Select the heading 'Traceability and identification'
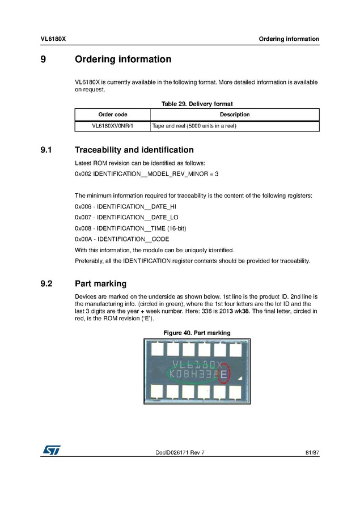point(134,150)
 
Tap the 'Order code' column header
point(113,114)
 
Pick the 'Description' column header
point(234,114)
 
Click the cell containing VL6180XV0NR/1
point(113,126)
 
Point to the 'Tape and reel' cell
point(194,126)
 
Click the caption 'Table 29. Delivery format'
point(197,104)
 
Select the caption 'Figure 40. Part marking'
point(197,333)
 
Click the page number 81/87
point(312,452)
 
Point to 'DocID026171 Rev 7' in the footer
point(180,452)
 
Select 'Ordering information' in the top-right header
point(289,39)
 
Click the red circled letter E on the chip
point(224,374)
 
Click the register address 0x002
point(83,174)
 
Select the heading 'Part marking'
point(100,283)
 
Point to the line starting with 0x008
point(130,228)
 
